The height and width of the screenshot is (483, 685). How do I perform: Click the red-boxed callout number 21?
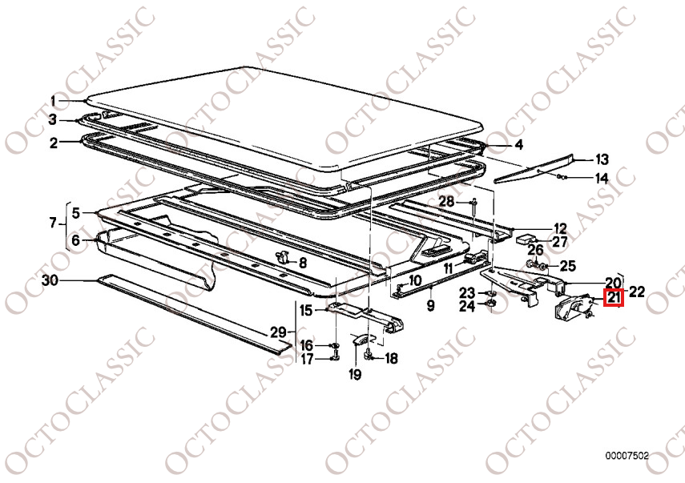(x=614, y=298)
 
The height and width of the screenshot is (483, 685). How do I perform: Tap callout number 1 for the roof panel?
(x=54, y=101)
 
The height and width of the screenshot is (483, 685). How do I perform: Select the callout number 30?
(x=50, y=280)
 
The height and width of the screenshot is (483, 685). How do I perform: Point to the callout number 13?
(x=602, y=159)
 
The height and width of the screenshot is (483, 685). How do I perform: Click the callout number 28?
(x=446, y=201)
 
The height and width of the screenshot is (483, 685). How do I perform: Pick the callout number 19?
(x=355, y=374)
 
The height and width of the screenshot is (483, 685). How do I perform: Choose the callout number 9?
(x=431, y=305)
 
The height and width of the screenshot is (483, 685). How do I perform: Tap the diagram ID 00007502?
(x=627, y=456)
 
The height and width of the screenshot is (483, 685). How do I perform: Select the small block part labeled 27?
(x=526, y=239)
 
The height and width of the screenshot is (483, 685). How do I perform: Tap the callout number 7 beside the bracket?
(x=54, y=223)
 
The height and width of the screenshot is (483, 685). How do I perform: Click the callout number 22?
(x=636, y=292)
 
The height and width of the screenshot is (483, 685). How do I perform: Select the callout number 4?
(x=518, y=144)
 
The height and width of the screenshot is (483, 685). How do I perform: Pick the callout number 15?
(x=306, y=311)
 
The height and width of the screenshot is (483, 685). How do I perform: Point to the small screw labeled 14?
(x=562, y=176)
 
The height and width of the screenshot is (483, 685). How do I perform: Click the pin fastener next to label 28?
(x=475, y=207)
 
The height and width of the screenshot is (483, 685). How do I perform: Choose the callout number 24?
(x=466, y=306)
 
